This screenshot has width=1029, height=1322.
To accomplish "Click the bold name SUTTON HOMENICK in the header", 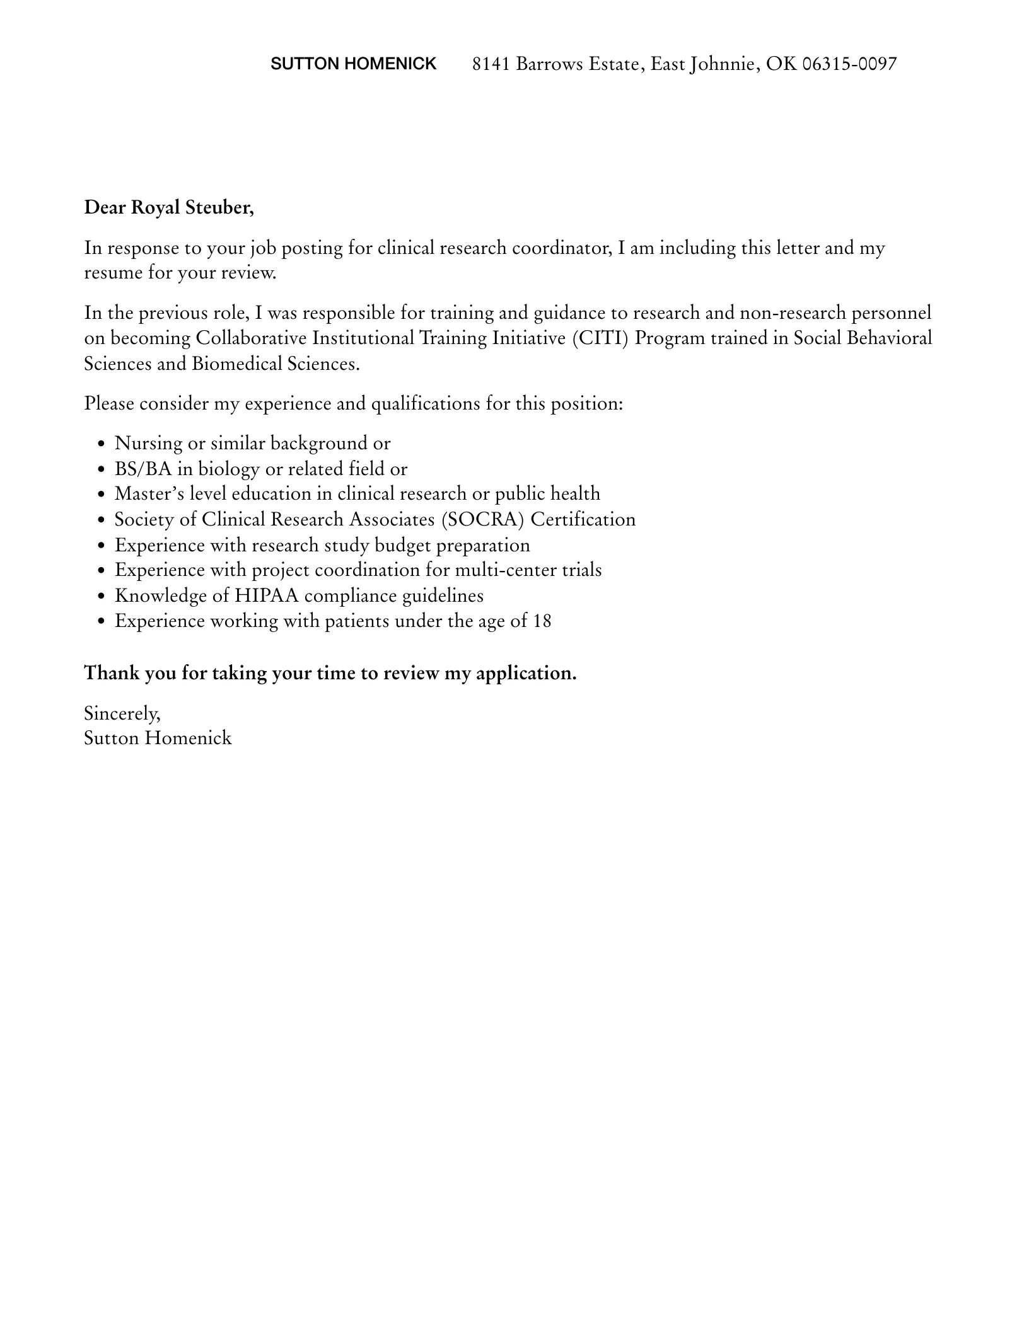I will [x=353, y=64].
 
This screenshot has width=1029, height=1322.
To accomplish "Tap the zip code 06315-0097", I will [x=849, y=64].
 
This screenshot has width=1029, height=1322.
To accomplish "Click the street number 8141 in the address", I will [x=491, y=64].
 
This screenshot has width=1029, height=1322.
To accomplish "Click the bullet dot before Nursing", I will [x=102, y=444].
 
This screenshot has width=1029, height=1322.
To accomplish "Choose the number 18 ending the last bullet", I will [x=542, y=621].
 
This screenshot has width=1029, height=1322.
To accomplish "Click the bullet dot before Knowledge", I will [x=102, y=597].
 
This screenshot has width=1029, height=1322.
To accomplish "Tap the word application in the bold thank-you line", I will [x=526, y=674].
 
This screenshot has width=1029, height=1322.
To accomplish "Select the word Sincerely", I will [x=122, y=713].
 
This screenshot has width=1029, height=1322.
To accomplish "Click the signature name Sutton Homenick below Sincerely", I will [x=158, y=739].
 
